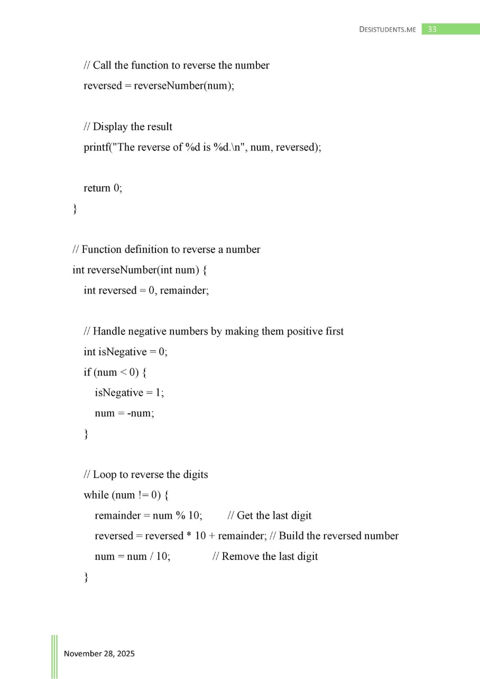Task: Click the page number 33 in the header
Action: [432, 30]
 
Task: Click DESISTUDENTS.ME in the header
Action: [388, 30]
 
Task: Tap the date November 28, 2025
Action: [99, 654]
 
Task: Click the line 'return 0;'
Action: [103, 188]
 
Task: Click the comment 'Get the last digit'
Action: [274, 515]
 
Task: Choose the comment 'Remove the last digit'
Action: [270, 556]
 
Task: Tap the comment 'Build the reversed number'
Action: [338, 536]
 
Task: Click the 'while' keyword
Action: [96, 495]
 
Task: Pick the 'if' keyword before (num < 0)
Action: [87, 372]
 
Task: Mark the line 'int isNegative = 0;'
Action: [125, 352]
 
